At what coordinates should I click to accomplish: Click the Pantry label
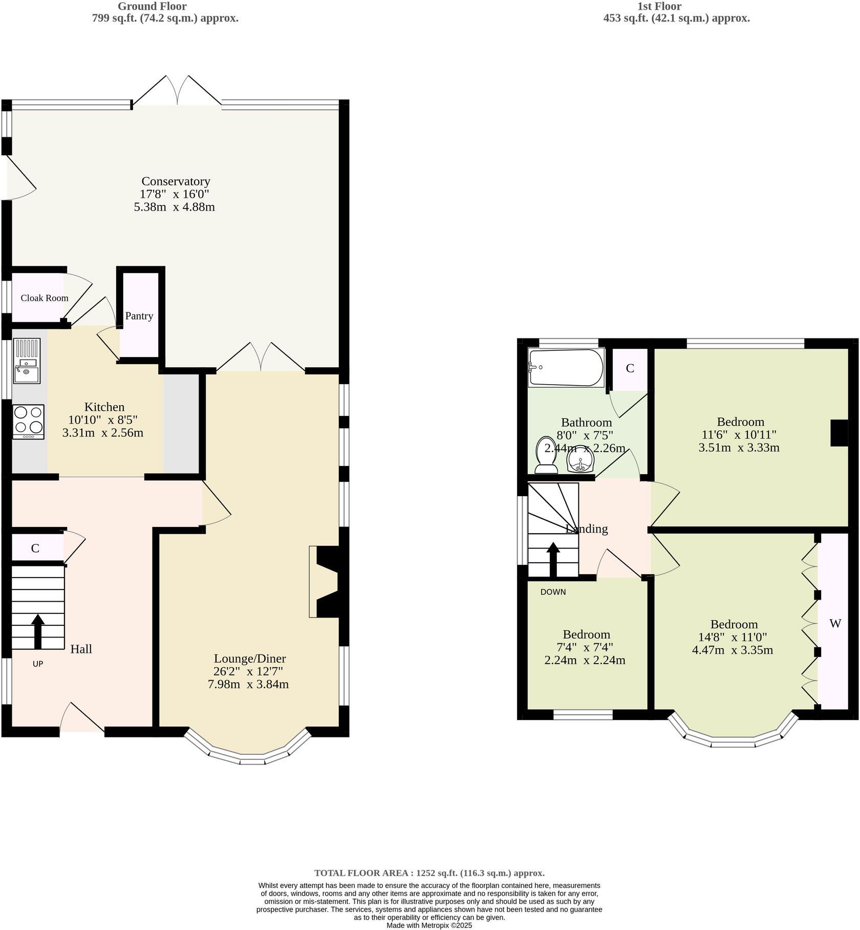pyautogui.click(x=139, y=316)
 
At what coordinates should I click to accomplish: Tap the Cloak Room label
pyautogui.click(x=45, y=298)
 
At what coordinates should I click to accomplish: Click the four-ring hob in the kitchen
pyautogui.click(x=28, y=421)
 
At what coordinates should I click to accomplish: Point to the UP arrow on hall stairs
pyautogui.click(x=38, y=631)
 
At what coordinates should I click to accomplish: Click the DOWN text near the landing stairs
pyautogui.click(x=553, y=592)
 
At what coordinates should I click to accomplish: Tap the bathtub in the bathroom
pyautogui.click(x=566, y=367)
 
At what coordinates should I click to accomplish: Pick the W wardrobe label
pyautogui.click(x=835, y=624)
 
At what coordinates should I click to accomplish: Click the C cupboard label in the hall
pyautogui.click(x=35, y=548)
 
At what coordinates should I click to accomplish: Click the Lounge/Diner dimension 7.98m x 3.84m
pyautogui.click(x=248, y=684)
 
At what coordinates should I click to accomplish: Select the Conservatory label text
pyautogui.click(x=176, y=181)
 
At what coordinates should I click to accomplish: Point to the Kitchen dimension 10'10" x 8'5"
pyautogui.click(x=103, y=420)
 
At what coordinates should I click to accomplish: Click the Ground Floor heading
pyautogui.click(x=152, y=6)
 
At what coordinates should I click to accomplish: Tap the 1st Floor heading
pyautogui.click(x=659, y=6)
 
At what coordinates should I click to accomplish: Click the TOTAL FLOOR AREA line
pyautogui.click(x=429, y=873)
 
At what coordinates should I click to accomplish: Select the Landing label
pyautogui.click(x=587, y=529)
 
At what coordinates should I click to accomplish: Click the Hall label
pyautogui.click(x=81, y=649)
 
